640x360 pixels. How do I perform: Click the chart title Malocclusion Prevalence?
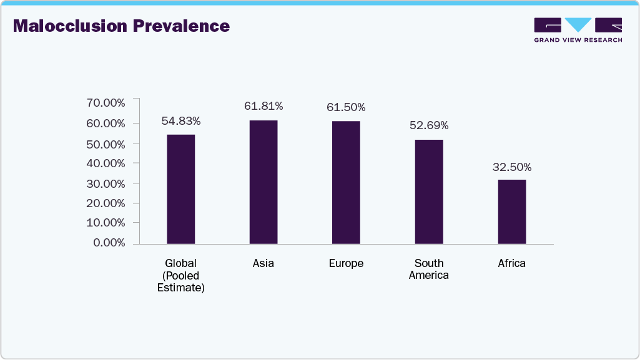tap(121, 26)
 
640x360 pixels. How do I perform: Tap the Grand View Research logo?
tap(578, 30)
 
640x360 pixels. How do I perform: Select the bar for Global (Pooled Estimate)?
tap(180, 189)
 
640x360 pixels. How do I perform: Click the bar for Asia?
tap(263, 182)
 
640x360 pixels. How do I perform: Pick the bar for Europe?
tap(346, 182)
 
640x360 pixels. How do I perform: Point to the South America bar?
tap(429, 192)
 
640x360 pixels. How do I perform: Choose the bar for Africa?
tap(511, 212)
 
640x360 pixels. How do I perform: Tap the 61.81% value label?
tap(263, 107)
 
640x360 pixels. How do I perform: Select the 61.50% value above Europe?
tap(346, 107)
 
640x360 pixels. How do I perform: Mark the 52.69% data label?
tap(429, 125)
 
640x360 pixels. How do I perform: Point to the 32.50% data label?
tap(511, 167)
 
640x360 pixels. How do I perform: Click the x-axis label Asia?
tap(263, 263)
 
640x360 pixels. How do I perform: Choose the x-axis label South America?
tap(429, 269)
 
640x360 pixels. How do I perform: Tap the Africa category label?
tap(511, 263)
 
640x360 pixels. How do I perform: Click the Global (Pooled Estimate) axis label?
tap(180, 275)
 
